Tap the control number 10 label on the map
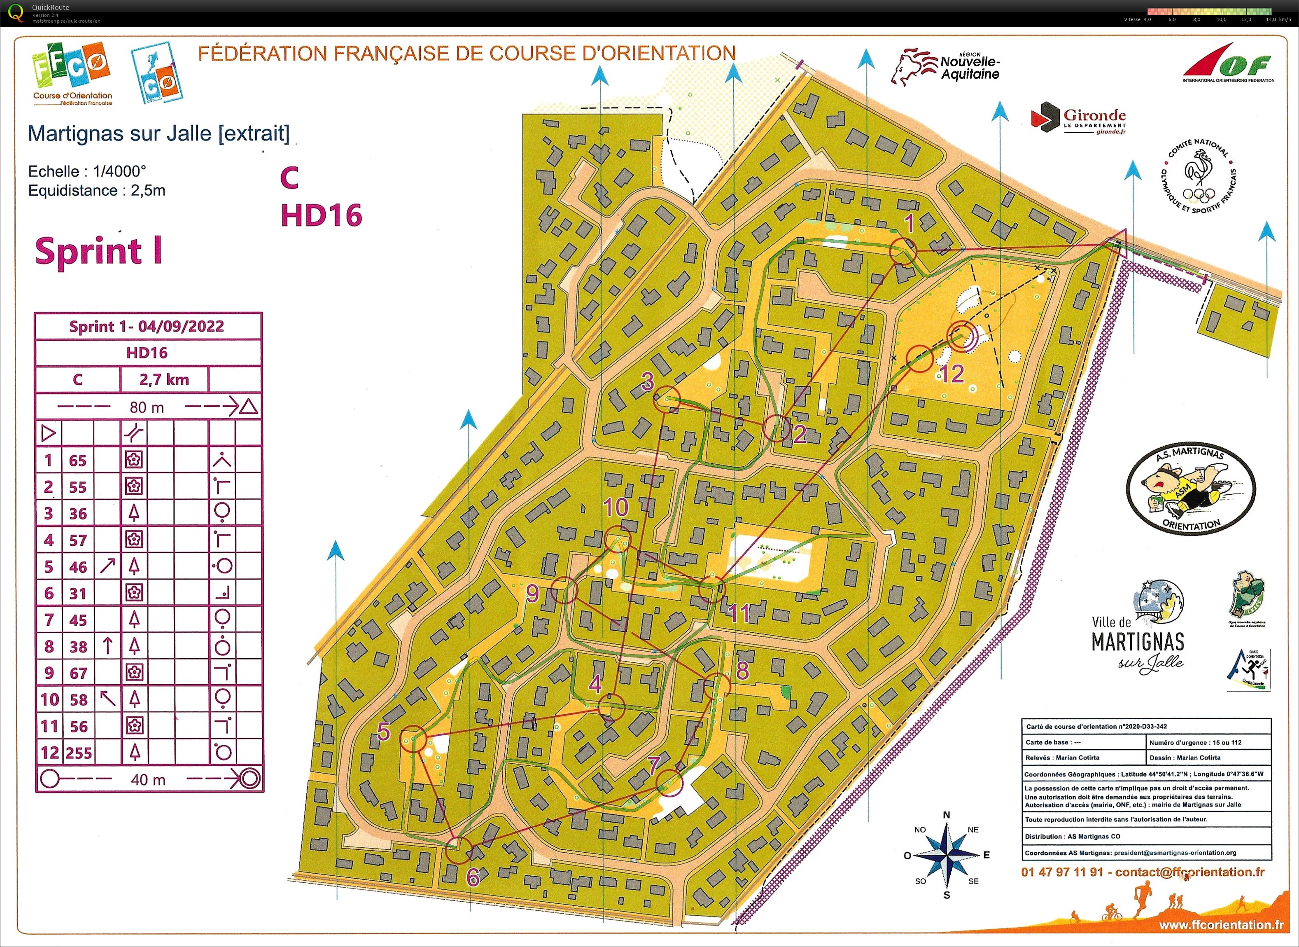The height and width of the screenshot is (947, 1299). coord(616,507)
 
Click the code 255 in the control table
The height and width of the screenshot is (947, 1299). coord(79,753)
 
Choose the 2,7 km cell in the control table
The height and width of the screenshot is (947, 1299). coord(164,379)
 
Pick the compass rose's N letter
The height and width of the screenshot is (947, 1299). coord(946,815)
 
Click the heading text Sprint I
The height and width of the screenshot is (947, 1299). coord(98,252)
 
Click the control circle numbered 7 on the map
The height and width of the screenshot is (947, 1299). coord(669,783)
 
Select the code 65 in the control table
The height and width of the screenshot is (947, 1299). coord(78,460)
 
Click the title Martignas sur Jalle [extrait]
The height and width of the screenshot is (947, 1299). coord(159,133)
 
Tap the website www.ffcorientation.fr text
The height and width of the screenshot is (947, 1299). coord(1221,925)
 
